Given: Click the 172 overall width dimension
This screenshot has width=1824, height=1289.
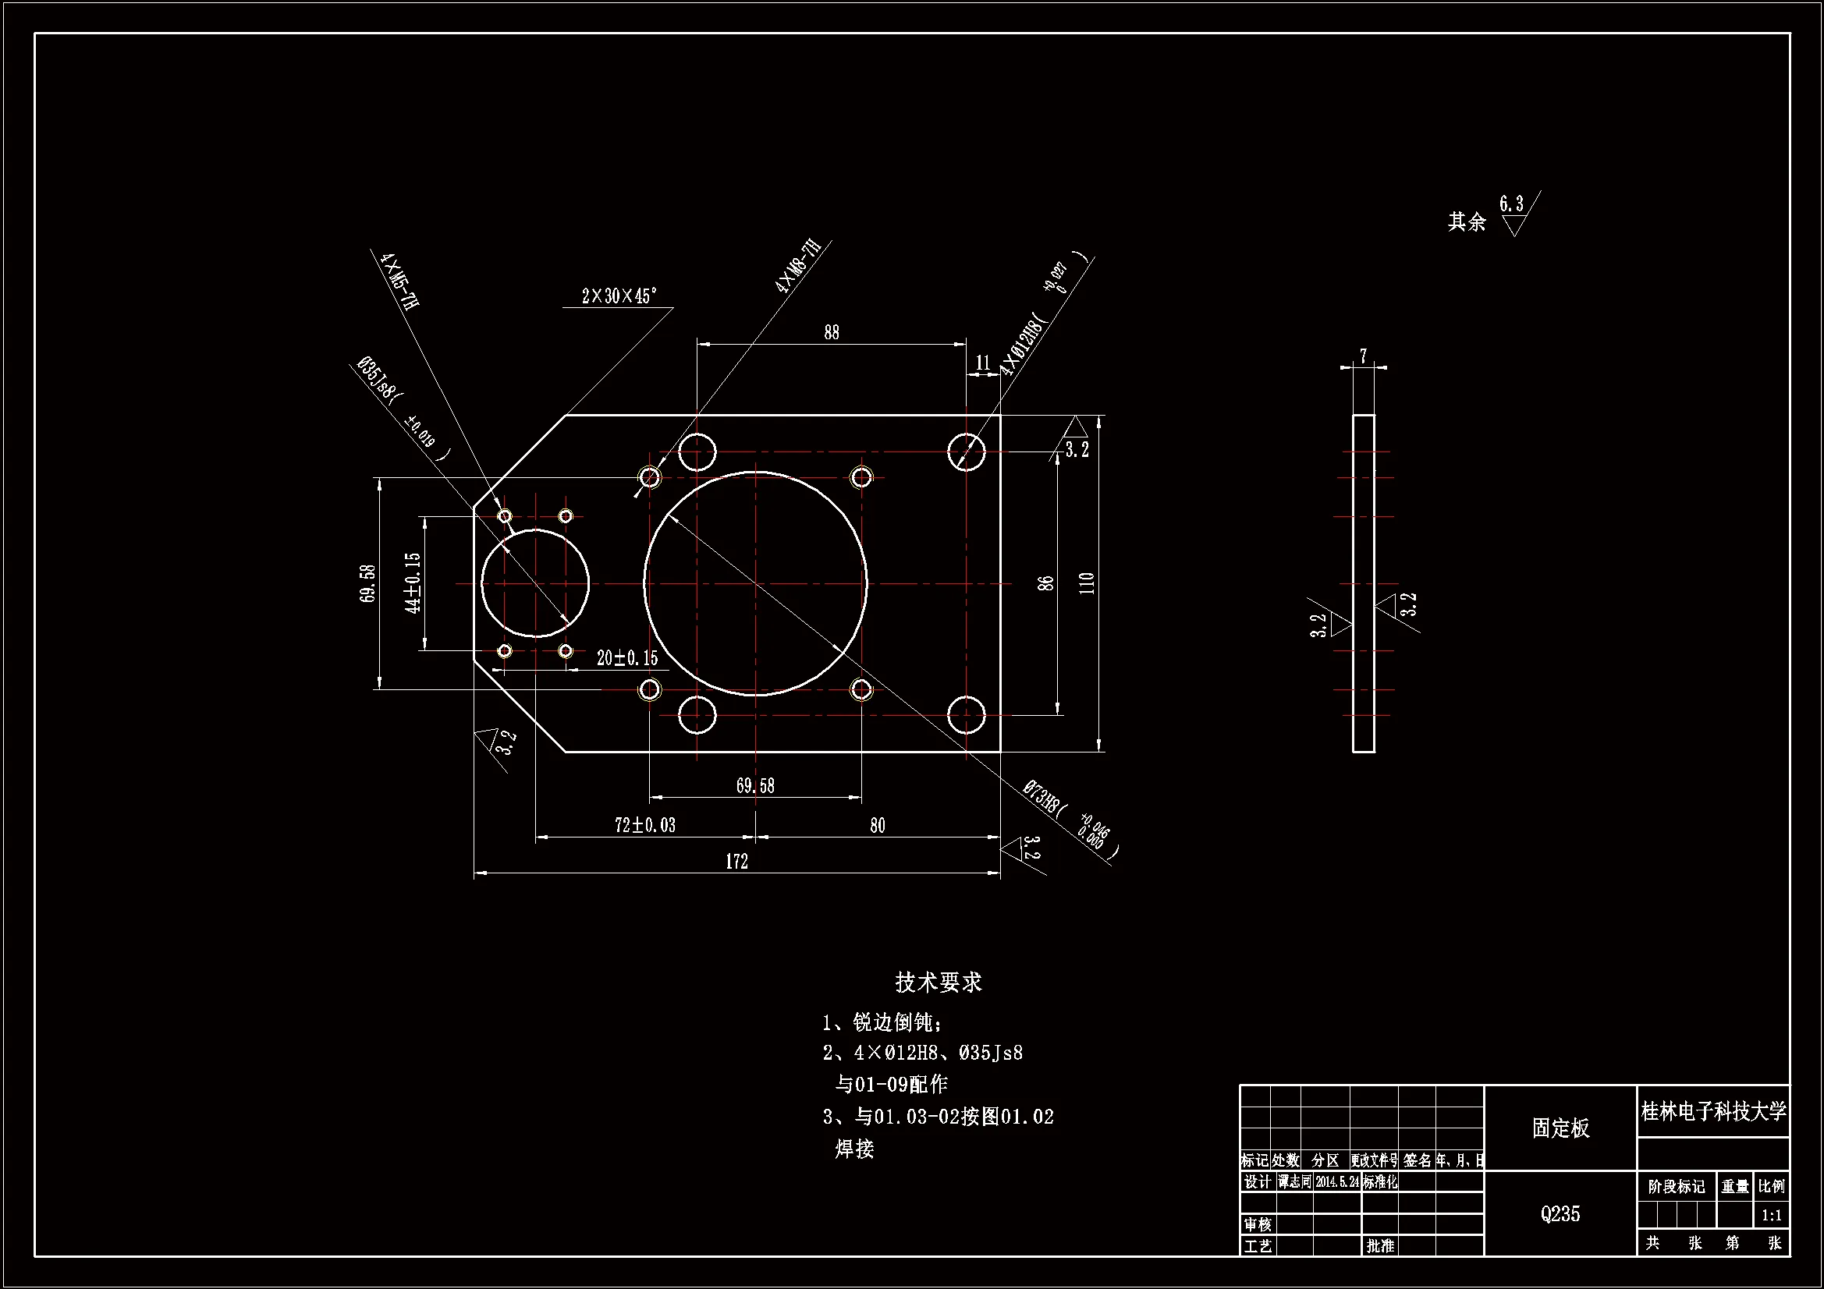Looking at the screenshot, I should point(736,862).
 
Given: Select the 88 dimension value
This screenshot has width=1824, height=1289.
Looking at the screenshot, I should point(831,333).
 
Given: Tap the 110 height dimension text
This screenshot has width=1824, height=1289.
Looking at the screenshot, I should point(1088,583).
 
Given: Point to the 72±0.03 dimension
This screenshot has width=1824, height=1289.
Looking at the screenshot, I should point(645,825).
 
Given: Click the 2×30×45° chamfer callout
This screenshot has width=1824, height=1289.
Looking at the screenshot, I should point(619,296).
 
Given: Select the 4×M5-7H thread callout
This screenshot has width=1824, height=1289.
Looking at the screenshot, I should point(399,281).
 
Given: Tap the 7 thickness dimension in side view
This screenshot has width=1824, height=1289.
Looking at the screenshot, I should point(1363,356).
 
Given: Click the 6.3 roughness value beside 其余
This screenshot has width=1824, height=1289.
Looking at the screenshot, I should point(1511,204).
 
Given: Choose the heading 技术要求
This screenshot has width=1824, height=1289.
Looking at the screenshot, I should point(939,983).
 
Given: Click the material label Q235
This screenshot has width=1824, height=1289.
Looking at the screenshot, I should point(1560,1213).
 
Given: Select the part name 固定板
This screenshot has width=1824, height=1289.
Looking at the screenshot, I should point(1560,1128).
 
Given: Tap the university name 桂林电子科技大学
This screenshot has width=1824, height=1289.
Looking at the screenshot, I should point(1713,1111).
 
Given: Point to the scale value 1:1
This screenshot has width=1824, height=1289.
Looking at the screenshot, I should point(1771,1215).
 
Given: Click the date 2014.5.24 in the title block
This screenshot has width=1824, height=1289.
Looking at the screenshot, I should point(1338,1182).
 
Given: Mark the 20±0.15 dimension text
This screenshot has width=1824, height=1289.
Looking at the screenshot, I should point(626,657).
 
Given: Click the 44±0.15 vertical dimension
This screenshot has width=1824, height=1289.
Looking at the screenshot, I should point(412,583).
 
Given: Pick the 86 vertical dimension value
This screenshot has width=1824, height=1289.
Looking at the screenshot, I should point(1046,583).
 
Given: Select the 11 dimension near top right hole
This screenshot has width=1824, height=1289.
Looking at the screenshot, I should point(983,363).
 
